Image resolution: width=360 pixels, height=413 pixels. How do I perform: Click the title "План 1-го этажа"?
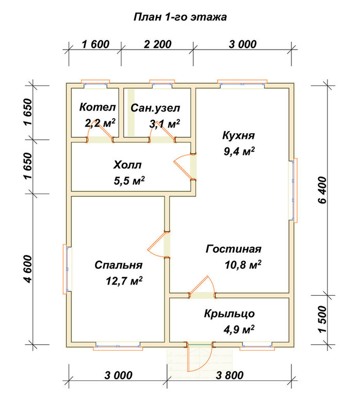[x=181, y=17]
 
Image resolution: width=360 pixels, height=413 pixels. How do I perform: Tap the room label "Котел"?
[x=97, y=107]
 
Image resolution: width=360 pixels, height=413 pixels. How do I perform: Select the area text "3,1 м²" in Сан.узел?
[x=165, y=123]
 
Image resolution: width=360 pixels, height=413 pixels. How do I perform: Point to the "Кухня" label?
[x=238, y=136]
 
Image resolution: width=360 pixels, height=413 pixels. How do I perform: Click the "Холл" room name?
[x=127, y=165]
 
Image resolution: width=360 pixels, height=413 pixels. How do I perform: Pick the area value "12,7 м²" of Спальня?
[x=124, y=281]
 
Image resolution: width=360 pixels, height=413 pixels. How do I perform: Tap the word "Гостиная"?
[x=234, y=249]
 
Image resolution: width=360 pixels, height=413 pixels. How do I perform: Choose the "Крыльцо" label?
[x=229, y=314]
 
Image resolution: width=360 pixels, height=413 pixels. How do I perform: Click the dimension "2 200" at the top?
[x=158, y=44]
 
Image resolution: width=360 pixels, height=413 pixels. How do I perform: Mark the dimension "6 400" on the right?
[x=322, y=190]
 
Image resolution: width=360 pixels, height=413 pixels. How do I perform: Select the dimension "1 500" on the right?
[x=322, y=320]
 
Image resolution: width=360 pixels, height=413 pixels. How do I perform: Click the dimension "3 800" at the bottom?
[x=230, y=375]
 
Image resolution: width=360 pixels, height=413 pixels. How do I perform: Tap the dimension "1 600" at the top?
[x=95, y=44]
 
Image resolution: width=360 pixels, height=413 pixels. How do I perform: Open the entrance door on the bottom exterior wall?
[x=200, y=356]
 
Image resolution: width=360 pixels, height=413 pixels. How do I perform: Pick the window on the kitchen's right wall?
[x=293, y=190]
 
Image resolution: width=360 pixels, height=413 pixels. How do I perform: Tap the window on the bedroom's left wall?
[x=67, y=269]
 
